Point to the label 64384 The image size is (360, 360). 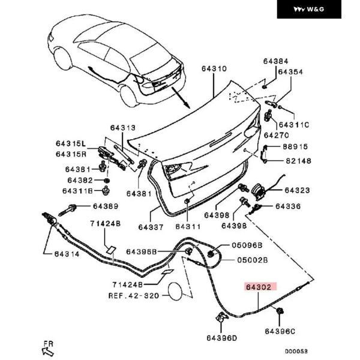click(x=275, y=61)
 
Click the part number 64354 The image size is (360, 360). click(x=290, y=73)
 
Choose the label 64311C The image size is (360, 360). click(x=295, y=125)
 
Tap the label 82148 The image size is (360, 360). click(x=298, y=161)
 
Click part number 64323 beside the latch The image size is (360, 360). click(x=297, y=190)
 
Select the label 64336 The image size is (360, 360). click(x=288, y=206)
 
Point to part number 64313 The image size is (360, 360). click(x=123, y=128)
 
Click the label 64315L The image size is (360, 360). click(x=71, y=143)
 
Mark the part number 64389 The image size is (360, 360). click(x=105, y=206)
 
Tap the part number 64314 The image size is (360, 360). click(x=59, y=254)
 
